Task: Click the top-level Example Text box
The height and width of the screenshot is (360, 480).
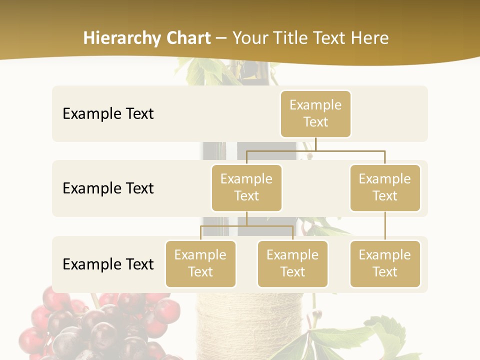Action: coord(315,113)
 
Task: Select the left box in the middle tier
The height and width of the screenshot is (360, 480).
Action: coord(246,187)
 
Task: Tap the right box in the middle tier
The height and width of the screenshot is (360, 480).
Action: coord(385,187)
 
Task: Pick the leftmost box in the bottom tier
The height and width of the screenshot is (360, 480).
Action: coord(200,263)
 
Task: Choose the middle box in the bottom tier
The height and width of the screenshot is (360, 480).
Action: coord(292,263)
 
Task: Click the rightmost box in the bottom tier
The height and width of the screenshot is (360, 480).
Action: coord(385,263)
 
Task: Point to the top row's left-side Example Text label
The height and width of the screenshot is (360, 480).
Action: coord(108,114)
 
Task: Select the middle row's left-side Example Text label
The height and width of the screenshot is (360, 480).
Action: coord(108,188)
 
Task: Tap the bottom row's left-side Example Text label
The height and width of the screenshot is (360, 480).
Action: coord(108,264)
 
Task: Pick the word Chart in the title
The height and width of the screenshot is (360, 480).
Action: coord(188,38)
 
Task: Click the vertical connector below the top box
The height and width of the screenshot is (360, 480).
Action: coord(315,144)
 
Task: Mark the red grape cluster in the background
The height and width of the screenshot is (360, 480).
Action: coord(100,325)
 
